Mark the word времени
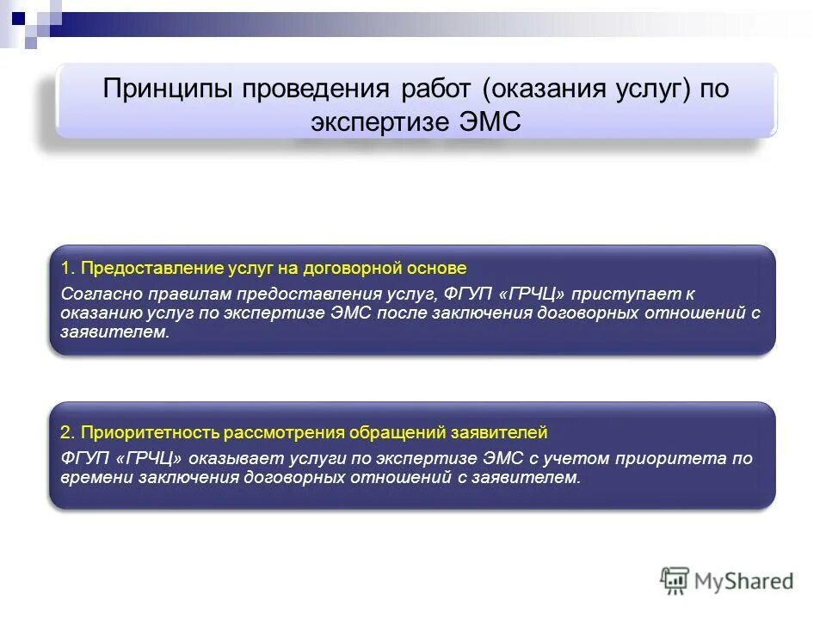[96, 478]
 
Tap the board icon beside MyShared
[675, 581]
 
